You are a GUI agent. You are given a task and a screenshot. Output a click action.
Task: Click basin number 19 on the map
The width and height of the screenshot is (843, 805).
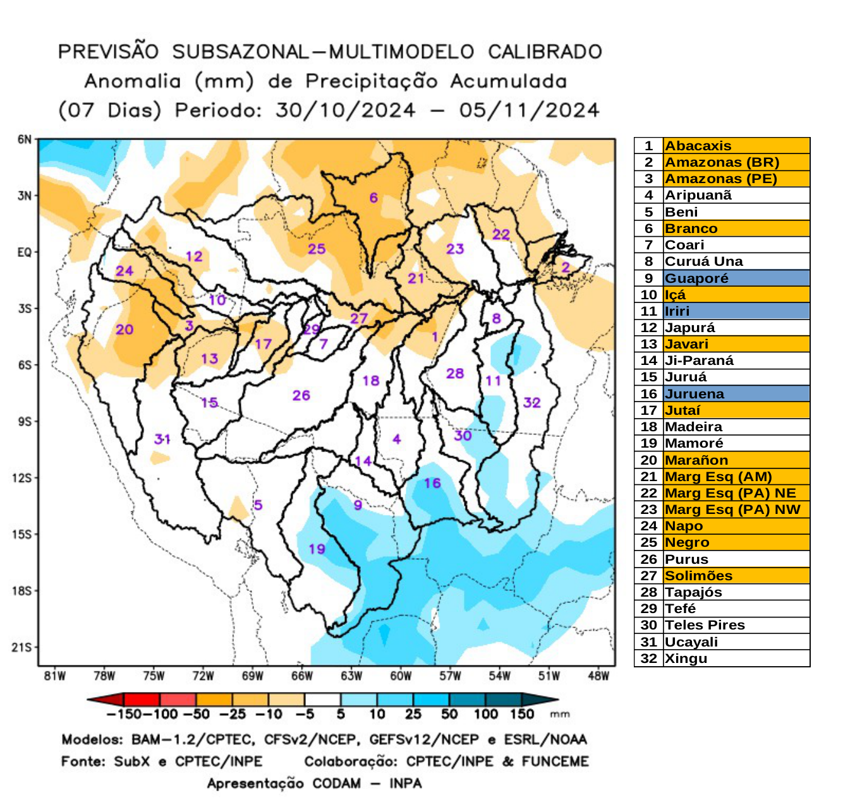[x=317, y=549]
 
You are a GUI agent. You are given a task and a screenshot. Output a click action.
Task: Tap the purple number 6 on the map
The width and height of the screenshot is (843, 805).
[x=373, y=198]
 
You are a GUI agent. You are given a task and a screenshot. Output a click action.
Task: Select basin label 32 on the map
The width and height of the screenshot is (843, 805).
[x=531, y=403]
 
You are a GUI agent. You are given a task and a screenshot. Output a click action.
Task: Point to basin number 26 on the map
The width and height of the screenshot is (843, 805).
[x=301, y=395]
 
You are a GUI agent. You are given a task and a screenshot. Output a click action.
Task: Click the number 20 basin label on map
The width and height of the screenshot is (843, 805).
[x=124, y=329]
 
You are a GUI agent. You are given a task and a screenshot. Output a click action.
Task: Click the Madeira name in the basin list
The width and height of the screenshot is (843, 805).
[x=693, y=427]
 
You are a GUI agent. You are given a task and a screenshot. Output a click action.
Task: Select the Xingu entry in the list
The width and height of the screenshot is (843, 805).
[x=686, y=659]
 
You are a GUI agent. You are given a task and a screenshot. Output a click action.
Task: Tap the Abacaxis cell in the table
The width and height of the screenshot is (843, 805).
[x=698, y=146]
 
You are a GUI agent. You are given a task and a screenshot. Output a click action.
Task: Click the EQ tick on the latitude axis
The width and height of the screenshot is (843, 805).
[x=24, y=252]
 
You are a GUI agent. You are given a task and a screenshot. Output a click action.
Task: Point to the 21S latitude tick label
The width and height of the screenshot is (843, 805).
[x=21, y=647]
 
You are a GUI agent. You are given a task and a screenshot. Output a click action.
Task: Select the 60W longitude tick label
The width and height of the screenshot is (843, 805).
[x=401, y=676]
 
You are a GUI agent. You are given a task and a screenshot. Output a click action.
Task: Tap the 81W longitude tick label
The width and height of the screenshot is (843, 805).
[x=55, y=676]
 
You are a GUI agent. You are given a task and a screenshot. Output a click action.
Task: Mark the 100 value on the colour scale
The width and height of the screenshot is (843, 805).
[x=486, y=714]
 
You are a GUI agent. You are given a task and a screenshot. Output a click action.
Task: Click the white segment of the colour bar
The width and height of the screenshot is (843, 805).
[x=322, y=700]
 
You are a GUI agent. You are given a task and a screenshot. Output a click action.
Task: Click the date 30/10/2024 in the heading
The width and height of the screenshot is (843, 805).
[x=346, y=110]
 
